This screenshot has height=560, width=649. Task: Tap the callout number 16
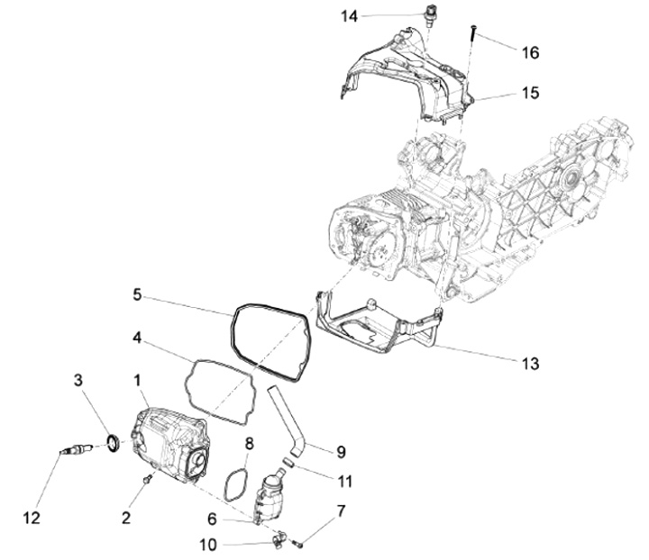(x=530, y=53)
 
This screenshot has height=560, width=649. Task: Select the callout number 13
(x=530, y=363)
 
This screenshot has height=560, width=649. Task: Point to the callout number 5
(x=137, y=294)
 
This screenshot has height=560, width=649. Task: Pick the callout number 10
(x=208, y=544)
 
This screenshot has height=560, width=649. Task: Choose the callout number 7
(x=341, y=511)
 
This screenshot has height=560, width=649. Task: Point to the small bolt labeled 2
(x=150, y=479)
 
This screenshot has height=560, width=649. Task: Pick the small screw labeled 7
(x=299, y=543)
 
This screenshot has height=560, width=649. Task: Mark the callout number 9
(x=341, y=451)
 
